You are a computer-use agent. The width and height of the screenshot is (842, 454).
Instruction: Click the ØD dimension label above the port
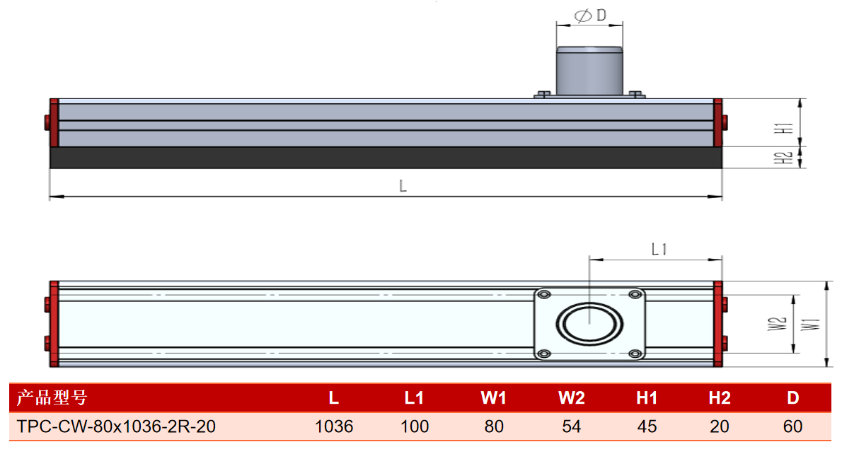[x=590, y=16]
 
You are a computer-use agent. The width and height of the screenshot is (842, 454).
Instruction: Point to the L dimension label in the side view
[x=403, y=186]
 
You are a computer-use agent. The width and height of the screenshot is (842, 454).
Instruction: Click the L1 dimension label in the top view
[x=659, y=249]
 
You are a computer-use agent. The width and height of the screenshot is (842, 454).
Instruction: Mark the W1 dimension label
[x=810, y=324]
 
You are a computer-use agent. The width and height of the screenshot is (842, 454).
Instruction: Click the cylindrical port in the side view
[x=589, y=71]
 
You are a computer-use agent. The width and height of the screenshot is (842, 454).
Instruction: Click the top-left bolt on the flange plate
[x=544, y=295]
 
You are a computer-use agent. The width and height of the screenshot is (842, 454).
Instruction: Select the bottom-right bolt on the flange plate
[x=635, y=354]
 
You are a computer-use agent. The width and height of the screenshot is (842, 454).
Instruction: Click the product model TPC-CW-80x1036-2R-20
[x=116, y=426]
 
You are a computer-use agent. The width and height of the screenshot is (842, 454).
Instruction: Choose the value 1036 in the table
[x=334, y=426]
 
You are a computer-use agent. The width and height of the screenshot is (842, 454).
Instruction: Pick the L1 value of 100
[x=415, y=426]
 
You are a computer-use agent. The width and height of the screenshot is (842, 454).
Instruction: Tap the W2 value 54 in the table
[x=572, y=426]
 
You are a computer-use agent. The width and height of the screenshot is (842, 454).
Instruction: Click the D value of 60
[x=792, y=426]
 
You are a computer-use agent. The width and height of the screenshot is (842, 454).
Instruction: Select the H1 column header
[x=647, y=397]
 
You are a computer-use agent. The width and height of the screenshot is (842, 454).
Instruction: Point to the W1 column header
[x=493, y=397]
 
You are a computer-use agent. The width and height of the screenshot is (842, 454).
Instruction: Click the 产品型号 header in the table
[x=52, y=397]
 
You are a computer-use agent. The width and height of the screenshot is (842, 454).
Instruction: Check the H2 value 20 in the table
[x=720, y=426]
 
